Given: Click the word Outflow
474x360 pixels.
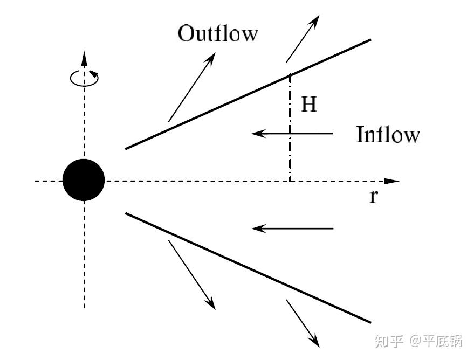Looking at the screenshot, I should pyautogui.click(x=218, y=34).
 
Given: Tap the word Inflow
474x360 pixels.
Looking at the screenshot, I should pyautogui.click(x=387, y=134).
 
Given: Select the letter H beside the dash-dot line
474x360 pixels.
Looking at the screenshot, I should pyautogui.click(x=308, y=105).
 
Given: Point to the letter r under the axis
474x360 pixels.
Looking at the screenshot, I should pyautogui.click(x=373, y=197).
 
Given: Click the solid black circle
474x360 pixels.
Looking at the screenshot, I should pyautogui.click(x=84, y=181).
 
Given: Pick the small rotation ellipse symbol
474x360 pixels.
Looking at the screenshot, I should pyautogui.click(x=84, y=78).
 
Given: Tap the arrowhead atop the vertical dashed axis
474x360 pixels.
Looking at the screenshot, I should pyautogui.click(x=84, y=57).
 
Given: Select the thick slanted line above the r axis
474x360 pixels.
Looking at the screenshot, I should pyautogui.click(x=248, y=94).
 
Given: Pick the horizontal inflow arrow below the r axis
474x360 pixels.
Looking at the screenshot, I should pyautogui.click(x=293, y=229).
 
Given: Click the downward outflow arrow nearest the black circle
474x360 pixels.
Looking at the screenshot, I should pyautogui.click(x=192, y=274).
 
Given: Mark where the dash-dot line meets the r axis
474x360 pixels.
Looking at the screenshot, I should pyautogui.click(x=290, y=181).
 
